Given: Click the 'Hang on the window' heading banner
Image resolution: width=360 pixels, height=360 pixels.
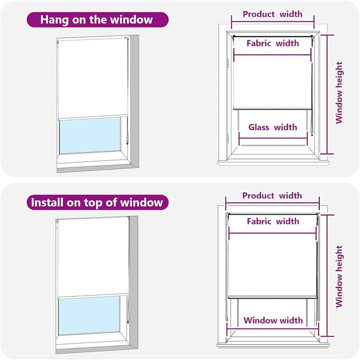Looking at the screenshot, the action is tap(97, 20).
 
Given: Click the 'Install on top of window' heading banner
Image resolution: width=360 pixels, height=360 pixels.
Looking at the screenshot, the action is tap(97, 203).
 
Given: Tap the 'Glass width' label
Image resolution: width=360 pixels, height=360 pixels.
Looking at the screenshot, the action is tap(272, 127).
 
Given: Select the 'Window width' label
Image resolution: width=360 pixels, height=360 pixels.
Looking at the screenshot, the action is tap(273, 320).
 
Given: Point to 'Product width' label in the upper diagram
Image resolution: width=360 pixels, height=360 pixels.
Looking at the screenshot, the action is tap(272, 14).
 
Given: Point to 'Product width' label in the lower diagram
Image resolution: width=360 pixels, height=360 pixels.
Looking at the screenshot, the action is tap(272, 196).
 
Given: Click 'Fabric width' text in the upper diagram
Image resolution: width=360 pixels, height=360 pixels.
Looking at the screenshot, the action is tap(272, 43).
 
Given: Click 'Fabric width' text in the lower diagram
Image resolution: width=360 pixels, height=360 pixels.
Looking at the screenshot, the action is tap(273, 221).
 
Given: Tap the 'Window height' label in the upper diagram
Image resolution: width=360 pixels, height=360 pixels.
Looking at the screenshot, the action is tap(339, 93).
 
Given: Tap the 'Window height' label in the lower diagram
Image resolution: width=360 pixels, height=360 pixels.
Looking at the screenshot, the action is tap(339, 277).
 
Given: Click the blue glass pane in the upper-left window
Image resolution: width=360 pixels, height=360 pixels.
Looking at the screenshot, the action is tap(90, 135).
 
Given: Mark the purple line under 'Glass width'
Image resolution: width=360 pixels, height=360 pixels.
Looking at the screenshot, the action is tap(273, 138).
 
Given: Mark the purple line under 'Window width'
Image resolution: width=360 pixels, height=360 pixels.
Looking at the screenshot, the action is tap(272, 329).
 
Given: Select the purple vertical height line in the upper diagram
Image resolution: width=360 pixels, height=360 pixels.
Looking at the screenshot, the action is tap(327, 94).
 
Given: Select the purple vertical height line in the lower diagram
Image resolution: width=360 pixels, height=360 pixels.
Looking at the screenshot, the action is tap(327, 276).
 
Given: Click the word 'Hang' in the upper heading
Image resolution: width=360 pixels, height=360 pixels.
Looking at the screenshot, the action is tap(54, 20).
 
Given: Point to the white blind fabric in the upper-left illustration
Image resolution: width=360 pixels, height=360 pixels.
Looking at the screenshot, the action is tap(92, 78).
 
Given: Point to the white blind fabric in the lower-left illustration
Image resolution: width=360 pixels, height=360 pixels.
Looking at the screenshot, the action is tap(93, 258).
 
